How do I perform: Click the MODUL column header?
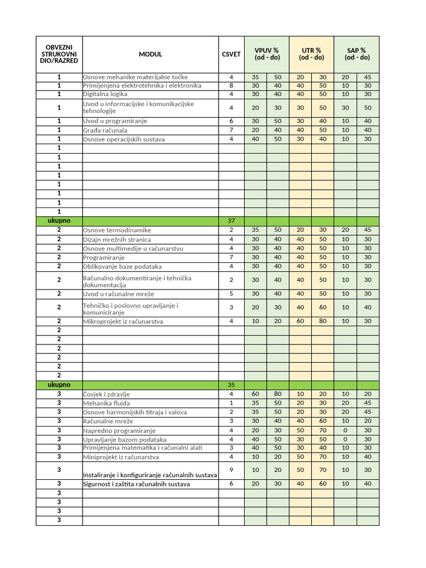tap(150, 54)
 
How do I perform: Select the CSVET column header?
tap(231, 54)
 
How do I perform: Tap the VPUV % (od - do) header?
tap(266, 54)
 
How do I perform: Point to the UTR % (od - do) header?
tap(311, 54)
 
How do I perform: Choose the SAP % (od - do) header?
tap(357, 54)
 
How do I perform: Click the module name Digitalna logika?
tap(105, 94)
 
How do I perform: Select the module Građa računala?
tap(105, 130)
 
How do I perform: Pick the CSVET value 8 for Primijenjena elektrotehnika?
tap(231, 85)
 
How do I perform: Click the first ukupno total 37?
tap(231, 221)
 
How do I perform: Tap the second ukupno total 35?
tap(231, 384)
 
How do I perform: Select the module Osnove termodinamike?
tap(117, 230)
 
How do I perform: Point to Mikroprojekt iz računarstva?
tap(123, 321)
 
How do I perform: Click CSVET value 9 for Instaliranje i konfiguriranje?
tap(231, 470)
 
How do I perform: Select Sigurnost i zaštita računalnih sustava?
tap(136, 484)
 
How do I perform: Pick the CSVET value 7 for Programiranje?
tap(231, 257)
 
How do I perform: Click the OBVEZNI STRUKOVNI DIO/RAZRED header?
tap(59, 54)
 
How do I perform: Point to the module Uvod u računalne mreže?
tap(119, 294)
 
